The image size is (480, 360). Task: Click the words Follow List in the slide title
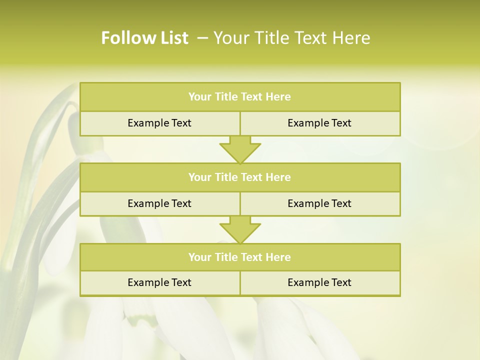coord(144,38)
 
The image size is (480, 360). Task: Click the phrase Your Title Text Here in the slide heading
coord(292,38)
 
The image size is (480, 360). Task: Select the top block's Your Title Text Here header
coord(239,97)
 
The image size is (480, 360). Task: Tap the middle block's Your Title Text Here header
coord(239,177)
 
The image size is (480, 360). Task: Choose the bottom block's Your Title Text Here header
coord(239,257)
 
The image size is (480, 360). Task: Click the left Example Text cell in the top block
coord(159,123)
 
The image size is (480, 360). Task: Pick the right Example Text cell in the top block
coord(319,123)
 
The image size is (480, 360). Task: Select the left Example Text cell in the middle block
coord(159,203)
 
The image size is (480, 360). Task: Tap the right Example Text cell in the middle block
coord(319,203)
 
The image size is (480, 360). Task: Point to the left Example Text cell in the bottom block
coord(159,282)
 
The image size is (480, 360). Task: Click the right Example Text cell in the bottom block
coord(319,282)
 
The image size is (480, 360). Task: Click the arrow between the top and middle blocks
coord(240,149)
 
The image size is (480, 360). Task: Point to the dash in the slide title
coord(203,38)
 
